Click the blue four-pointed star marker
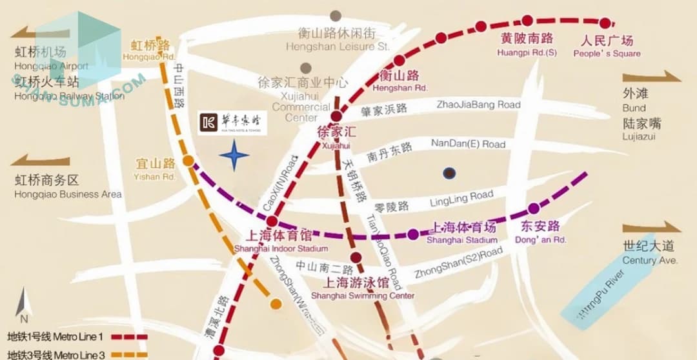pos(234,155)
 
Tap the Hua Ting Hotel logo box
pos(232,123)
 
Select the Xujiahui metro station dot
pos(336,117)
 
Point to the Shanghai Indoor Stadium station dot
pos(272,221)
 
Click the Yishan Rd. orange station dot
pos(187,161)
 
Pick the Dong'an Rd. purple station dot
pos(533,208)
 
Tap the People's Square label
pos(607,46)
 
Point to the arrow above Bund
pos(652,77)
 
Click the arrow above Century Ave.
pos(652,227)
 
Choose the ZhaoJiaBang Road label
pos(478,105)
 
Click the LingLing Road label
pos(461,200)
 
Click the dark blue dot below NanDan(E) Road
pos(450,173)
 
